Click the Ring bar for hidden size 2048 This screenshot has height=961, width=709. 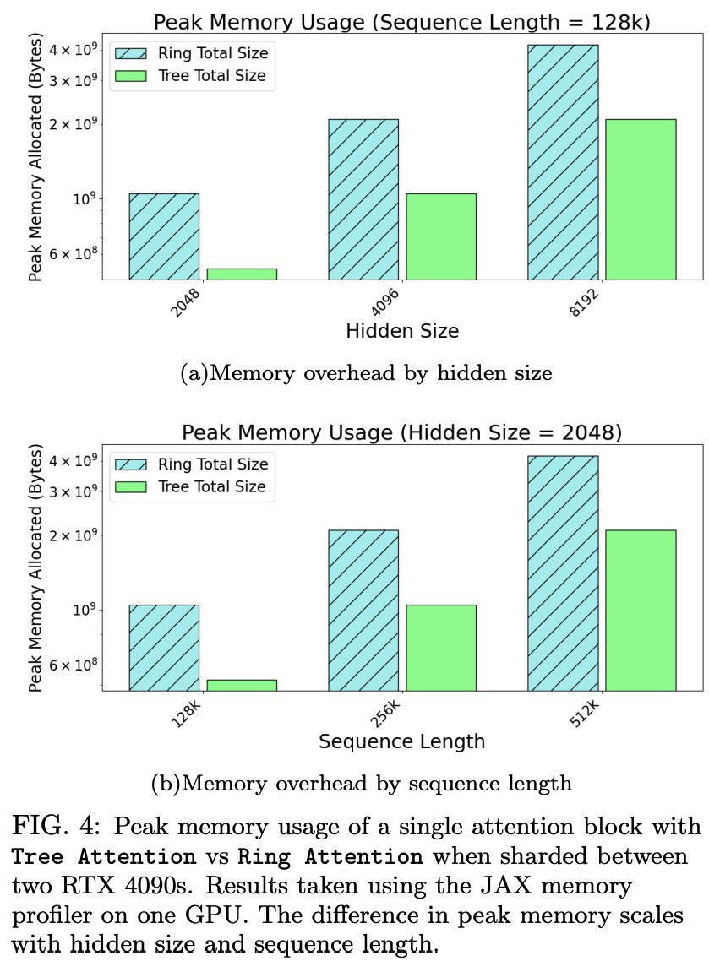(x=164, y=236)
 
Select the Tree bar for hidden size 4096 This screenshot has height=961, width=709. (x=441, y=236)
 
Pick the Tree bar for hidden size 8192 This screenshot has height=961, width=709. (x=641, y=199)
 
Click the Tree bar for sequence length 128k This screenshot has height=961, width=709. (x=242, y=685)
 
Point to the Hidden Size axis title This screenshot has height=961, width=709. (x=402, y=331)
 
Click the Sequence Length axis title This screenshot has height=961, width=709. (x=402, y=742)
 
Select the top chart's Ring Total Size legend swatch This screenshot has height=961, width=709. (x=131, y=53)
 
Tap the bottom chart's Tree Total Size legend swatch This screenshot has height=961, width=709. (x=131, y=486)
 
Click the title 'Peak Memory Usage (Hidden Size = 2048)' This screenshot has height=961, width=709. (x=402, y=433)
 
